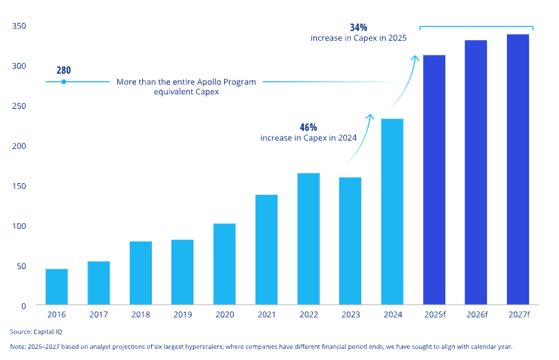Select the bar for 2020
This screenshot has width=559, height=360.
click(x=224, y=264)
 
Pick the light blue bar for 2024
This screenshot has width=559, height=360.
click(x=392, y=212)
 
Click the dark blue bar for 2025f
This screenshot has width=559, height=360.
click(x=434, y=180)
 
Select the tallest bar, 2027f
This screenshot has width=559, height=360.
click(x=518, y=170)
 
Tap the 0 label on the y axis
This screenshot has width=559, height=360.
click(x=23, y=306)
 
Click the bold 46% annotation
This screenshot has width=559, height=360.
click(x=308, y=128)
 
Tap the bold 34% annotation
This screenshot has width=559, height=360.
click(x=359, y=28)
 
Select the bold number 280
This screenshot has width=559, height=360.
click(x=63, y=70)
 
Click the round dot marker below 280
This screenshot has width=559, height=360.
click(x=63, y=82)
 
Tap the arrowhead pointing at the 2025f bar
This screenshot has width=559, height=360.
click(x=416, y=58)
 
